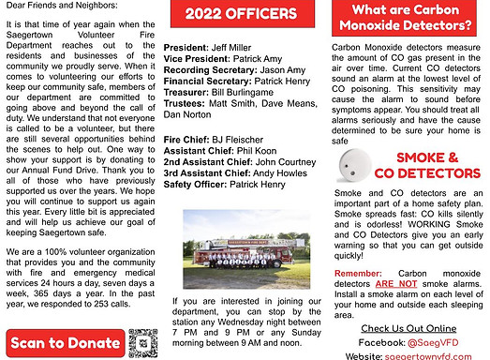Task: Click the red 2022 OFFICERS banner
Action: point(246,14)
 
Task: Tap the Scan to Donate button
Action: point(64,340)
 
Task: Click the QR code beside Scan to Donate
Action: point(141,340)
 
